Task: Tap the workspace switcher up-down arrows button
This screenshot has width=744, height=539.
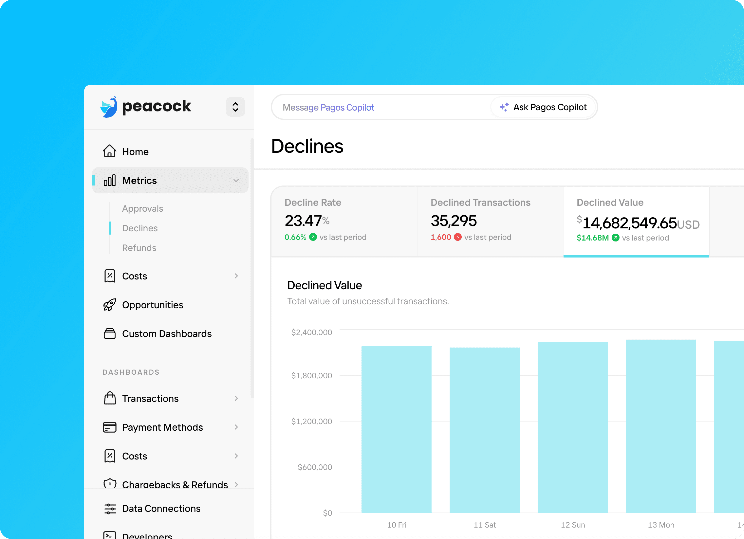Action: point(235,107)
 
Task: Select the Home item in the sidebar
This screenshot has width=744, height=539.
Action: point(135,152)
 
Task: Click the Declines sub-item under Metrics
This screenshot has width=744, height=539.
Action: point(140,228)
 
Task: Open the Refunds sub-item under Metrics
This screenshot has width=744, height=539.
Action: point(139,248)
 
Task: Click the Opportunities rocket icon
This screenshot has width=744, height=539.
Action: point(110,305)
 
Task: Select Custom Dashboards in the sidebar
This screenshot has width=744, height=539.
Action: point(167,334)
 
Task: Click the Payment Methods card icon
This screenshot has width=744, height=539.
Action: point(110,427)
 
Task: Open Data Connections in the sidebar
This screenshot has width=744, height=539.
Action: point(161,509)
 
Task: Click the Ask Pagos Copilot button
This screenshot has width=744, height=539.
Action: point(543,107)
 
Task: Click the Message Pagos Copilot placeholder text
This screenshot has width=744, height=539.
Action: point(328,108)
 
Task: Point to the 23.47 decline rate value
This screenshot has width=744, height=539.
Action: point(303,221)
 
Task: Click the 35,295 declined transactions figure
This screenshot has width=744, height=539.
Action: point(453,221)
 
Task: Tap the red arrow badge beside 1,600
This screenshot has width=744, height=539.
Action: point(458,237)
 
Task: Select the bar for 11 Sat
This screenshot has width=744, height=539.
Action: point(484,430)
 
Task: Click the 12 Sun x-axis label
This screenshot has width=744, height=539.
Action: point(572,525)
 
